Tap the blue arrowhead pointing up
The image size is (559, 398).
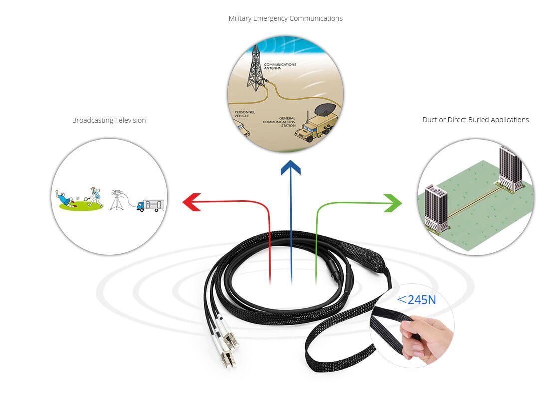tap(291, 167)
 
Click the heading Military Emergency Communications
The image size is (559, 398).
tap(285, 18)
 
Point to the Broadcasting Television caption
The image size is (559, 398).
tap(109, 120)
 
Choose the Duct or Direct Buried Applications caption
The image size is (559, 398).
tap(475, 120)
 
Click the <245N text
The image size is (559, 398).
tap(416, 300)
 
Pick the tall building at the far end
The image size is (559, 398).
tap(510, 169)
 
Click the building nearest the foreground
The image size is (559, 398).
tap(436, 209)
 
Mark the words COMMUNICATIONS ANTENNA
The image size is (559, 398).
tap(280, 66)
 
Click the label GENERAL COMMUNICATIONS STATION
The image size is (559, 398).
tap(279, 121)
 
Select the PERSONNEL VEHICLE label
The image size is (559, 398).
tap(245, 114)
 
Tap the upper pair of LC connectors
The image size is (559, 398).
tap(228, 332)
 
